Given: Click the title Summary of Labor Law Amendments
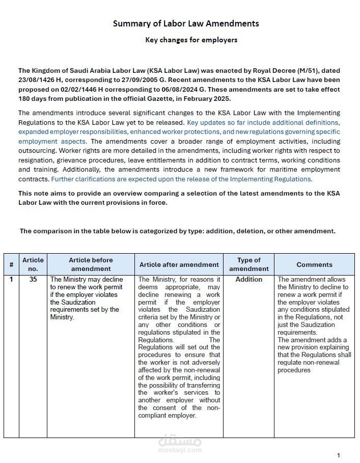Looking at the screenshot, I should click(x=185, y=23).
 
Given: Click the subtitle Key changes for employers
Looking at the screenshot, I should click(x=191, y=40).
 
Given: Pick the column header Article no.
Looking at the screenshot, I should click(x=33, y=264).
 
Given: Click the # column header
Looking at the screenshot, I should click(x=11, y=264).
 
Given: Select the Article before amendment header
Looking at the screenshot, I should click(x=91, y=264).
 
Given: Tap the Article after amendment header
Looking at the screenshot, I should click(x=179, y=264).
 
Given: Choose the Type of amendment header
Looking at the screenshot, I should click(x=248, y=264).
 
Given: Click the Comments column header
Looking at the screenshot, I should click(x=314, y=264).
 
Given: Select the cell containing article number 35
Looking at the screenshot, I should click(x=33, y=279).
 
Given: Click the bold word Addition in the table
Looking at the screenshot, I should click(x=248, y=279).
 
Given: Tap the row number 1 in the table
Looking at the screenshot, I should click(x=11, y=279).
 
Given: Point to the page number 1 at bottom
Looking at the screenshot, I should click(x=339, y=455).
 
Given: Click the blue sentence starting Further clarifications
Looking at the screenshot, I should click(x=181, y=179).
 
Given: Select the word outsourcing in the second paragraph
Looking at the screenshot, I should click(x=37, y=151).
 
